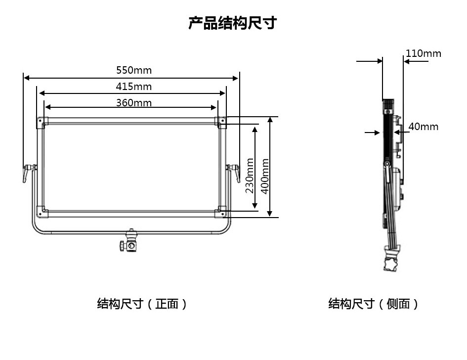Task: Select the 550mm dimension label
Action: coord(134,70)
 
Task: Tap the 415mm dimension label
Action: coord(134,87)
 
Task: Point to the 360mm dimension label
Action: coord(134,103)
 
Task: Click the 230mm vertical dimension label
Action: coord(250,176)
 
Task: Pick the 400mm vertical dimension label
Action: coord(265,176)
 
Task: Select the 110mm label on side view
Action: coord(424,53)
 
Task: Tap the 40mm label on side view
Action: coord(424,127)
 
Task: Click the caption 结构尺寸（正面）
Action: coord(142,304)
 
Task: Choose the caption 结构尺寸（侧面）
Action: coord(374,304)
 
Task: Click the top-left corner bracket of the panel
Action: coord(41,121)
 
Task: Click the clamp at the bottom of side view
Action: coord(391,262)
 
